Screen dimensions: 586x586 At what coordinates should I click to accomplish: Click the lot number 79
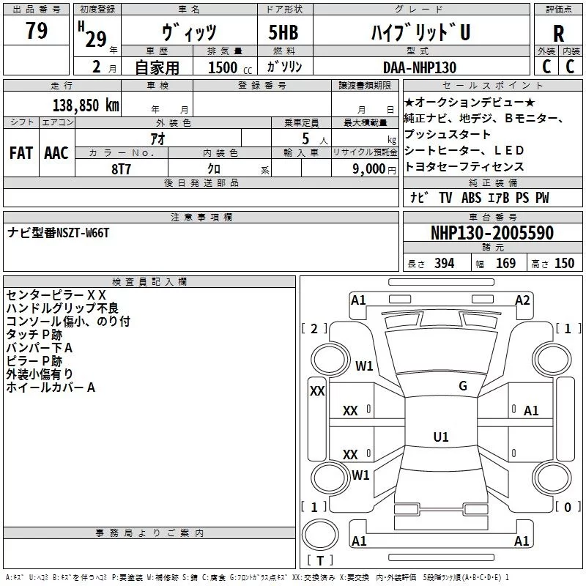(37, 30)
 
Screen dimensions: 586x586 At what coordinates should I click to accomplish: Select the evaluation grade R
(558, 34)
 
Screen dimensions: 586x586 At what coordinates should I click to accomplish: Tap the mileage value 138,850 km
(86, 105)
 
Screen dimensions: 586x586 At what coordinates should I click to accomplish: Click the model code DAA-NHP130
(420, 67)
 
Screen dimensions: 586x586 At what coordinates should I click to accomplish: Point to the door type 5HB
(283, 32)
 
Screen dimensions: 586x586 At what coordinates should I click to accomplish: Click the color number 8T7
(121, 169)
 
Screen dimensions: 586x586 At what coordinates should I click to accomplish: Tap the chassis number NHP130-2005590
(492, 232)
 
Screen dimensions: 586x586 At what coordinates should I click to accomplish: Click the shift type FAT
(21, 152)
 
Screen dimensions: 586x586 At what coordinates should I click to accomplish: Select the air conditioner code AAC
(56, 152)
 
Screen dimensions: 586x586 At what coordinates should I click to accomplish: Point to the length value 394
(445, 263)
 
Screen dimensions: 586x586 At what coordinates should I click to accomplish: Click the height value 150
(564, 263)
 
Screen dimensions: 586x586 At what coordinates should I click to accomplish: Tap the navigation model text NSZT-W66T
(83, 233)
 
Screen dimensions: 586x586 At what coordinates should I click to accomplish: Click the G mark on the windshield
(463, 386)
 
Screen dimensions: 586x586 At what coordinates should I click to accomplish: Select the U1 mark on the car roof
(441, 437)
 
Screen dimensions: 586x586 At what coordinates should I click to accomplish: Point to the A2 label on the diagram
(522, 300)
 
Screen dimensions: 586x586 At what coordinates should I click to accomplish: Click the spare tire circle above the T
(320, 535)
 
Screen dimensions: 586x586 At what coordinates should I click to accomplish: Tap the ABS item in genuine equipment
(471, 198)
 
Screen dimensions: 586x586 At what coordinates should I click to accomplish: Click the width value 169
(505, 263)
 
